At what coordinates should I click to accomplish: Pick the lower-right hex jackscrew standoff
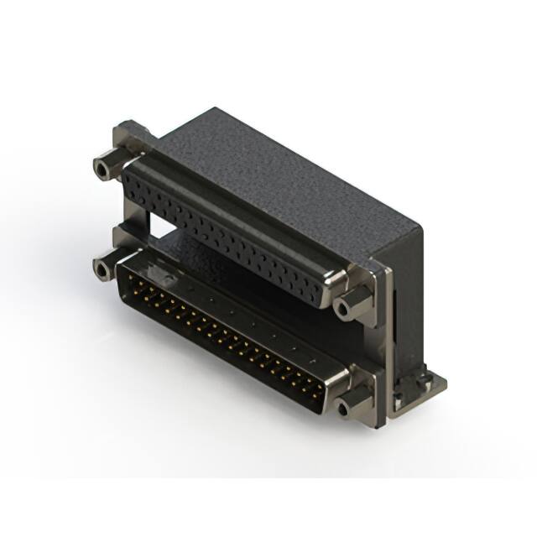pos(351,406)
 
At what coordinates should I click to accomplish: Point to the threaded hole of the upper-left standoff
pos(102,169)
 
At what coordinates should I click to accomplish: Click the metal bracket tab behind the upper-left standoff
pos(130,138)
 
